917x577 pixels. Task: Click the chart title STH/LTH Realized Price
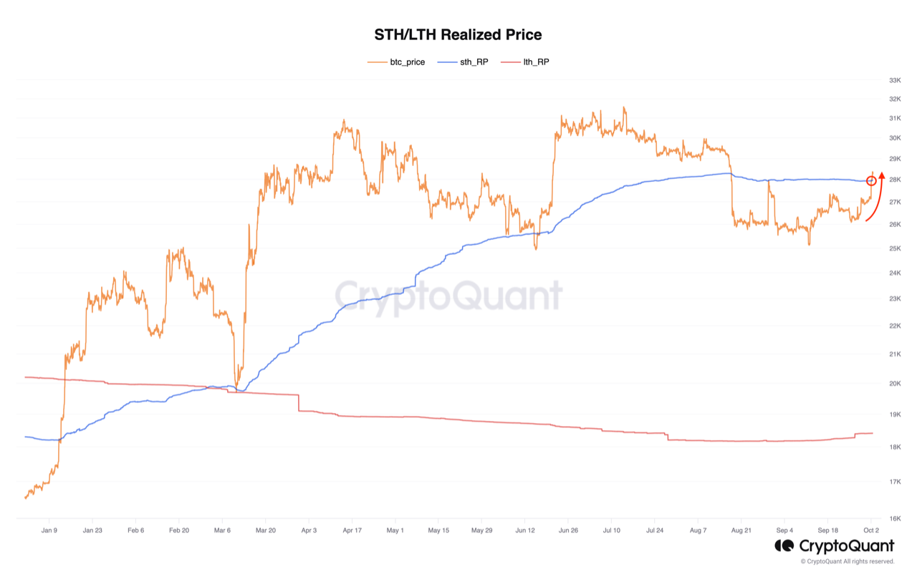click(458, 34)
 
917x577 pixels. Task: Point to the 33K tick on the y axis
click(894, 80)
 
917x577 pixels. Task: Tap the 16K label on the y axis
click(894, 518)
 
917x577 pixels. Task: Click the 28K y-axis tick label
click(894, 180)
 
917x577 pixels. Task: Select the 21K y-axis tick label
click(894, 354)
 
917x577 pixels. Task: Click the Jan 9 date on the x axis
click(49, 530)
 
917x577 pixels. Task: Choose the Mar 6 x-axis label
click(222, 530)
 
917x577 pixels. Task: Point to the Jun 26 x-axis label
click(568, 530)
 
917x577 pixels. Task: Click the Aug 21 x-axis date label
click(741, 530)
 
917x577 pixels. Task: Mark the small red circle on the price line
click(871, 181)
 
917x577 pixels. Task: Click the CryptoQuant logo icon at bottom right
click(784, 546)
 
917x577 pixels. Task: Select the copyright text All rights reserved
click(848, 562)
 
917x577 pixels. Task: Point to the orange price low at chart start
click(26, 498)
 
